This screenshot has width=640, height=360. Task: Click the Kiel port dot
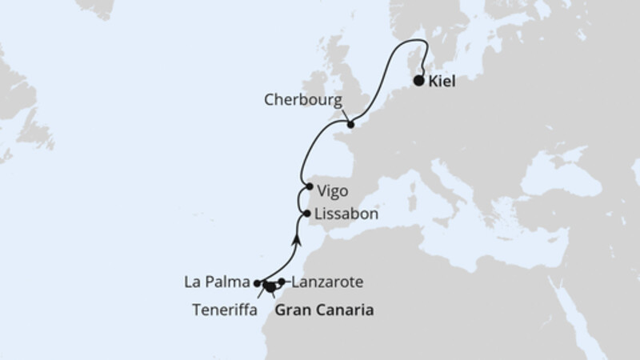(x=419, y=80)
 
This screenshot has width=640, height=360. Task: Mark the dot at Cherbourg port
(x=350, y=125)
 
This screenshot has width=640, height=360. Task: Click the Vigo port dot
(x=309, y=186)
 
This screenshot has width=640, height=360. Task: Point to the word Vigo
(x=333, y=192)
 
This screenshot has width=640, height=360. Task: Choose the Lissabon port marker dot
(x=307, y=214)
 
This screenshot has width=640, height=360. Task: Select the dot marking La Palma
(x=257, y=283)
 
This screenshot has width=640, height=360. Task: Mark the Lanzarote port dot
(x=282, y=281)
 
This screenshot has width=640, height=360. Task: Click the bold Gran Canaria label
(x=324, y=309)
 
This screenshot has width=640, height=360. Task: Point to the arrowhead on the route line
(x=298, y=238)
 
